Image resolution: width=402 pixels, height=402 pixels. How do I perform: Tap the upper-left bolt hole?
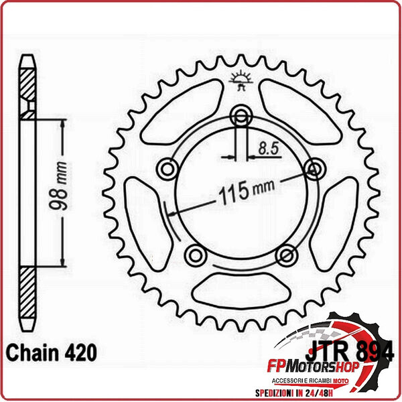pos(166,167)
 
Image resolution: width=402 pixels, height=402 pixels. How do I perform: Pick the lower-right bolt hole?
pos(285,254)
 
